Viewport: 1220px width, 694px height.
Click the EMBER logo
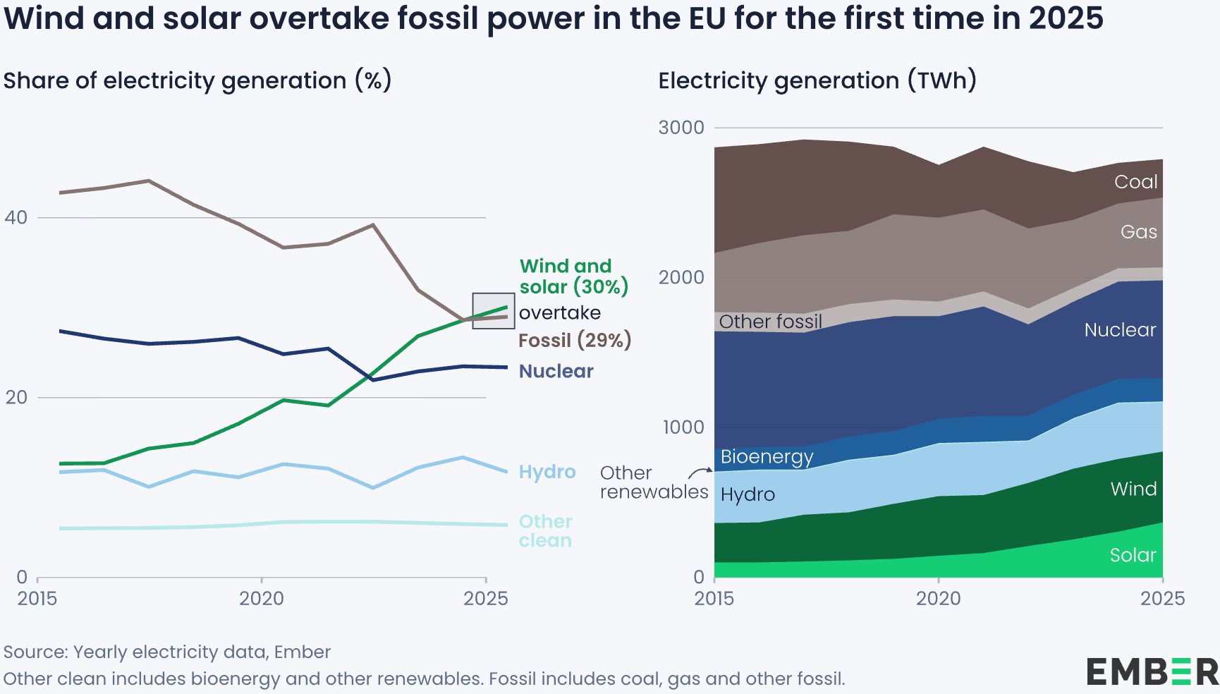(1152, 671)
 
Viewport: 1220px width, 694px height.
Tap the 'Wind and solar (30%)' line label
(573, 276)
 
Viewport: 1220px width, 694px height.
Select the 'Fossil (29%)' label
(574, 340)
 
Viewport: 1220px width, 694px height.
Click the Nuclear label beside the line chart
(556, 371)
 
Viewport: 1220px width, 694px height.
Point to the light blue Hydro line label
(547, 472)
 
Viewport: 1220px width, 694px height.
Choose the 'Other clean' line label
(545, 531)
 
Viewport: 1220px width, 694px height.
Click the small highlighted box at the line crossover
(493, 311)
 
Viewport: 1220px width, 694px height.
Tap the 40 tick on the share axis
(16, 217)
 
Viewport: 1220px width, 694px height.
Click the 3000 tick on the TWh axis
(681, 128)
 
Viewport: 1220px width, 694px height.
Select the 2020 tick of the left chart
(261, 598)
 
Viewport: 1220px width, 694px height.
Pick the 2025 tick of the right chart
(1162, 598)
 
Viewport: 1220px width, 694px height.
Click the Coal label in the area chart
(1135, 182)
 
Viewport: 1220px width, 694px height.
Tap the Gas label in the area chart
(1138, 232)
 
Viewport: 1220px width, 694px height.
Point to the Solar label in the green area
(1133, 555)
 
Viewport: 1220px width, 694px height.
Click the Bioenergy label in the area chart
(767, 457)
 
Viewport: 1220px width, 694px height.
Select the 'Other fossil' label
(770, 322)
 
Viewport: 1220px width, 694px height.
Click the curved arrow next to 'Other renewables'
(700, 472)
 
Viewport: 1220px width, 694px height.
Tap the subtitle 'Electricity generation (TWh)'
(817, 80)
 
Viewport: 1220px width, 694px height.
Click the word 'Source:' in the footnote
(35, 652)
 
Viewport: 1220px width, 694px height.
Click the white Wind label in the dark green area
(1133, 489)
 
